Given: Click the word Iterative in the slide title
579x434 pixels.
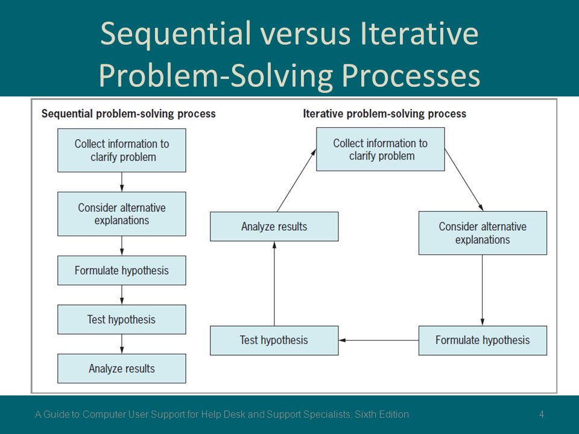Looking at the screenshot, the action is [x=419, y=34].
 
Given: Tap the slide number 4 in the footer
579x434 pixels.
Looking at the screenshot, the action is [x=542, y=415].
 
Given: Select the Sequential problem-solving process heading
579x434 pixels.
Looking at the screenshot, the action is [x=128, y=114].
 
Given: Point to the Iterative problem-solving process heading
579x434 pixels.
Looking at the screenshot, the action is [x=384, y=114].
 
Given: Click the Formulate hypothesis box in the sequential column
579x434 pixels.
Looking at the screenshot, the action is [x=121, y=271].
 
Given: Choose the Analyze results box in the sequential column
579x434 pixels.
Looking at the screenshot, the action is [x=121, y=368].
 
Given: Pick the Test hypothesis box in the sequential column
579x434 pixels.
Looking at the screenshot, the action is [x=121, y=319].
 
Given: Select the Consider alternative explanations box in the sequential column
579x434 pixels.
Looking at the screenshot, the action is [x=121, y=213].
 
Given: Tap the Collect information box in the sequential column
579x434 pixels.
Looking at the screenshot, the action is [x=121, y=150].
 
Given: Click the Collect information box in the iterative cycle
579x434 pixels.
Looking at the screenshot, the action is [x=381, y=149].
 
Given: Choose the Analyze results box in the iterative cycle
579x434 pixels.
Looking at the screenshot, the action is [x=274, y=226].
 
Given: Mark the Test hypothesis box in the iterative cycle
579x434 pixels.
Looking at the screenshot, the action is [x=274, y=340].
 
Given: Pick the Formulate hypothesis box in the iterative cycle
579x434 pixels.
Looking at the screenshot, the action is [x=482, y=340].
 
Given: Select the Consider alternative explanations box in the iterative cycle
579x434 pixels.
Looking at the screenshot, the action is [x=482, y=233].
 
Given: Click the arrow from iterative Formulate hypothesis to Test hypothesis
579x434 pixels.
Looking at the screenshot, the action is [x=379, y=340].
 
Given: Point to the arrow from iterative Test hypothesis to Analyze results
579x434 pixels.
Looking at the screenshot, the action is [x=274, y=283].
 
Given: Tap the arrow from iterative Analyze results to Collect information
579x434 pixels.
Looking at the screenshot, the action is [x=297, y=180].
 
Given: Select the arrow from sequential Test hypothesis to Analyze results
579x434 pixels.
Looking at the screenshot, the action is [x=122, y=344].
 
